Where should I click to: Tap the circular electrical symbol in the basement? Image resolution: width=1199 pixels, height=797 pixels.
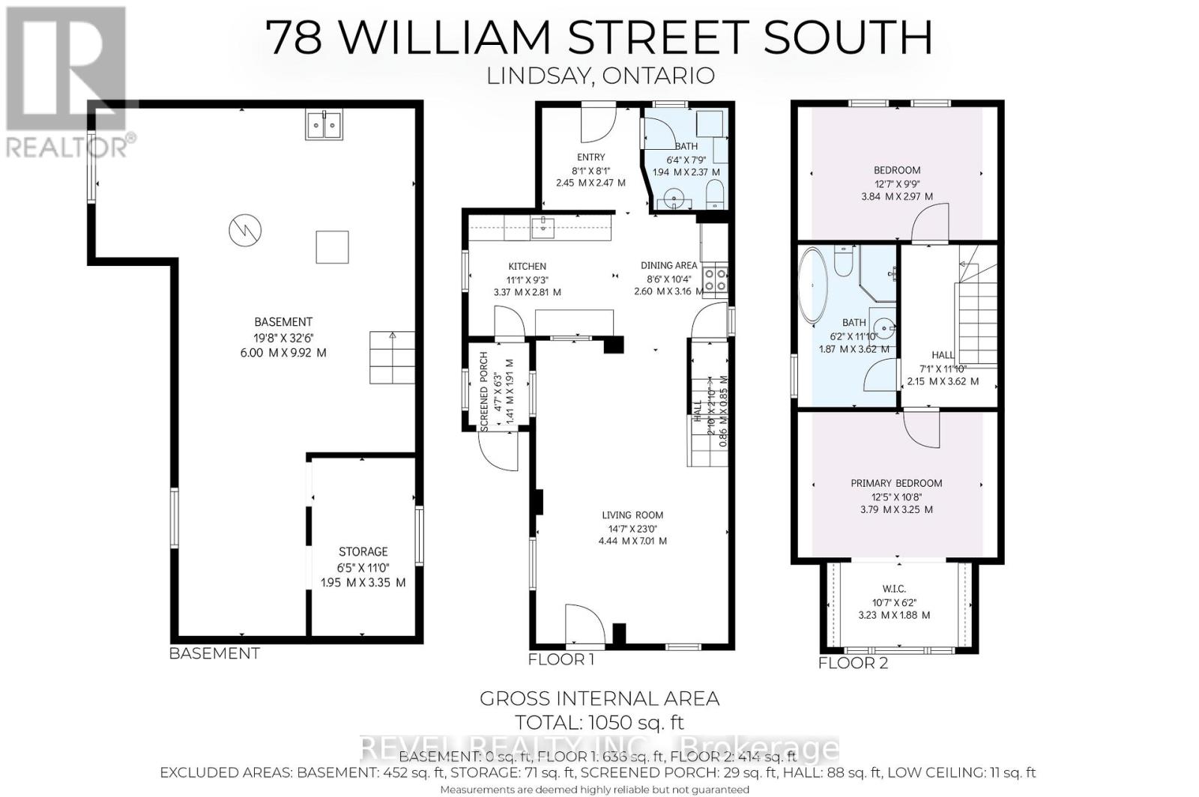coord(246,229)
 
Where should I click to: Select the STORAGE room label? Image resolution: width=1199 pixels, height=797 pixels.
coord(363,551)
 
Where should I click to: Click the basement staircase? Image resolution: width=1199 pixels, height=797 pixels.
coord(391,357)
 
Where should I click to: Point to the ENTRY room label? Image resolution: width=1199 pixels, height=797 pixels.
coord(591,157)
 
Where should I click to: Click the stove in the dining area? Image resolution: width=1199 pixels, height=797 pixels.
coord(715,279)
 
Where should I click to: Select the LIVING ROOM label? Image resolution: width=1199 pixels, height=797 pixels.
coord(632,515)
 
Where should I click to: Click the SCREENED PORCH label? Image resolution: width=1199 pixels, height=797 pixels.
coord(484,391)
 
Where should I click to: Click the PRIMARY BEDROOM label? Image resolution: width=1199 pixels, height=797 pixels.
coord(896,483)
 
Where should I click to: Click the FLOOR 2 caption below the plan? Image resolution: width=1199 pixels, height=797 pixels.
coord(853,663)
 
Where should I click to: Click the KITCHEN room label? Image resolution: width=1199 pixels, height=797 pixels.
coord(527,267)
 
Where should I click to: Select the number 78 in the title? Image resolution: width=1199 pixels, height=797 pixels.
coord(297,37)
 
